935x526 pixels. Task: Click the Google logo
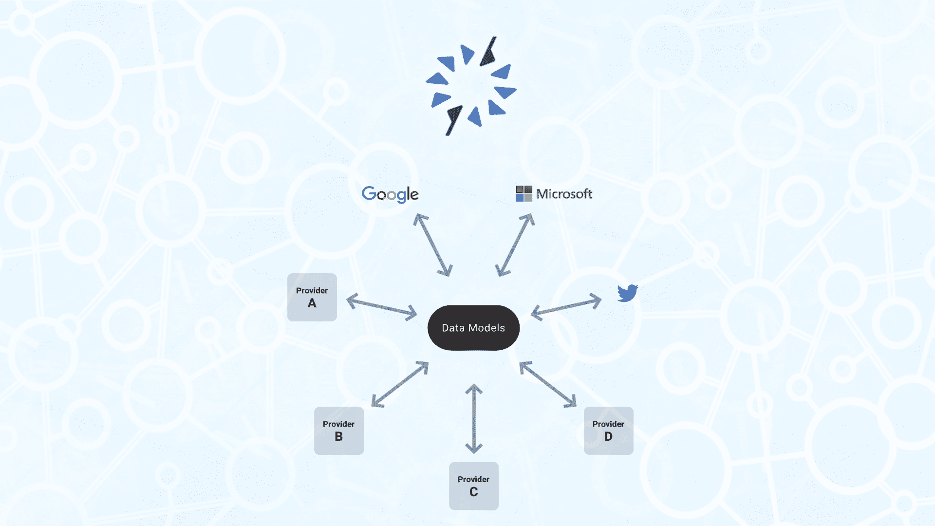pos(390,194)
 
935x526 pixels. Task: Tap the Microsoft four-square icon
pos(524,194)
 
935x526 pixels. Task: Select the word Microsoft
pos(564,194)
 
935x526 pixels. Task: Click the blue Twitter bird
pos(628,293)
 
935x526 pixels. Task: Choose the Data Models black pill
pos(473,328)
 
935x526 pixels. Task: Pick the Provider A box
pos(312,297)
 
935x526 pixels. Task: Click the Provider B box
pos(339,431)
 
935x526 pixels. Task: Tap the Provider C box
pos(474,486)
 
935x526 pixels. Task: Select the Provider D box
pos(609,431)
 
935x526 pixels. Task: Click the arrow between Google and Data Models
pos(433,245)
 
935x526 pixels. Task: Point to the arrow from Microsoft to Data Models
pos(515,245)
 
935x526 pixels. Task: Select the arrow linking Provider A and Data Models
pos(382,307)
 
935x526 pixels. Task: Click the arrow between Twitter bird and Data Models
pos(566,307)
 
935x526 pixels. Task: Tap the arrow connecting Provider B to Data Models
pos(400,384)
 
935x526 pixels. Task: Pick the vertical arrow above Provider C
pos(474,419)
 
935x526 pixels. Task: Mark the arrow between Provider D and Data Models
pos(548,384)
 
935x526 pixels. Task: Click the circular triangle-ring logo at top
pos(471,86)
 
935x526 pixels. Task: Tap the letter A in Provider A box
pos(312,303)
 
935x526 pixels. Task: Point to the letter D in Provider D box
pos(609,437)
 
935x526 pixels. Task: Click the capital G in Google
pos(369,193)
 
